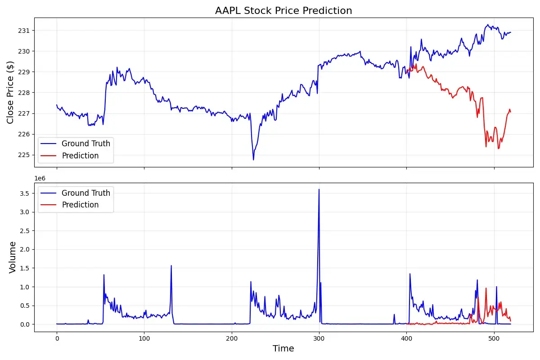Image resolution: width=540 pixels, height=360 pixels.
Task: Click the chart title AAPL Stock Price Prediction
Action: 283,10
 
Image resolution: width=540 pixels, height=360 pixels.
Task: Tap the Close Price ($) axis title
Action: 11,92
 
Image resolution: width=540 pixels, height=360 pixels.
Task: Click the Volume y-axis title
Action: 13,257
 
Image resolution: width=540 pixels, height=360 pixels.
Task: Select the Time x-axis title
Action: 283,349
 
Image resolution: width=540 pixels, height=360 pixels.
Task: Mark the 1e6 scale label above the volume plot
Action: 41,179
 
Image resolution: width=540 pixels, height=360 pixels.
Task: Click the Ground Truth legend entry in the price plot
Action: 85,144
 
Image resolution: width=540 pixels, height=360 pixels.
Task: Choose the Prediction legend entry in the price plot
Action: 80,156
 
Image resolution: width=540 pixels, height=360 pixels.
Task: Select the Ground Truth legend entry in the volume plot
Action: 85,193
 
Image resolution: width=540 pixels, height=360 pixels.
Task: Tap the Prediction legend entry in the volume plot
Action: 80,205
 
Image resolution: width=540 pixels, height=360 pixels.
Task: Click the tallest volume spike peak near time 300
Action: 319,189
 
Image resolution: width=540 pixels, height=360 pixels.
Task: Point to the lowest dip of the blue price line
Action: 253,160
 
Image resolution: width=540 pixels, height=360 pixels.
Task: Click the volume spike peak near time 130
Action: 171,265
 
